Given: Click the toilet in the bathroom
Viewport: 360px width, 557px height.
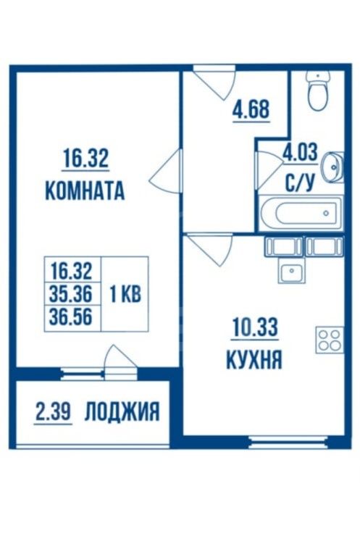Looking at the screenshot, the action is tap(319, 91).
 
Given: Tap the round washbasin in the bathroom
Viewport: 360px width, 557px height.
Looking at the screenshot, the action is tap(333, 167).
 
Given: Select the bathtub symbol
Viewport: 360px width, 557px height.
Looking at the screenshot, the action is tap(301, 213).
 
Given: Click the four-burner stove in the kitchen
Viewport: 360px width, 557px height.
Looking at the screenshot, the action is tap(330, 340).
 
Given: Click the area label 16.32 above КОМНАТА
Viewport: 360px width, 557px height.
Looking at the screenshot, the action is tap(85, 159).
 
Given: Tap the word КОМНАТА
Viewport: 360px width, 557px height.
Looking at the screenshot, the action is tap(85, 190).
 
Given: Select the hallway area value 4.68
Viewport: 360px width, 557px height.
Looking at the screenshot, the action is tap(251, 109).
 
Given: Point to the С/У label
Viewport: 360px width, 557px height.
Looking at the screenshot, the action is tap(300, 183).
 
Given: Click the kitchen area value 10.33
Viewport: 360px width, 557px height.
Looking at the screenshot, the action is tap(254, 327).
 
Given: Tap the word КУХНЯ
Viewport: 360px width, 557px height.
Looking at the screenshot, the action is tap(254, 359).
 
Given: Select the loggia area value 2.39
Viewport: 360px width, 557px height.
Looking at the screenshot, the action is tap(54, 411).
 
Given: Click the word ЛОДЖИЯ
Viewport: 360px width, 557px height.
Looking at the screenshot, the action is tap(122, 412).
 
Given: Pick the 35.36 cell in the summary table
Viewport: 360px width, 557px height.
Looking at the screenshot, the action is tap(71, 293).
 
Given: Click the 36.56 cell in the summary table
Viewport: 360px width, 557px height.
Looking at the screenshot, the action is tap(71, 317).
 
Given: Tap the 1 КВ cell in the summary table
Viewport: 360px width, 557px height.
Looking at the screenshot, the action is tap(125, 294).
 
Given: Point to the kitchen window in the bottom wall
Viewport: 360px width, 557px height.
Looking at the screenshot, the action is tap(288, 442).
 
